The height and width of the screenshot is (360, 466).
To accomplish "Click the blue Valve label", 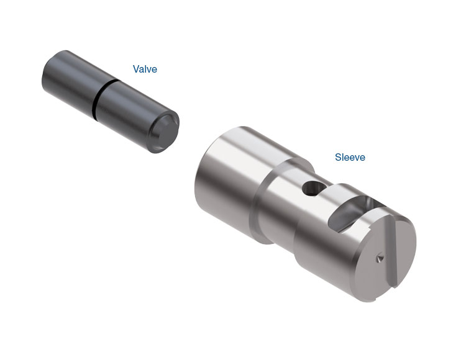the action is tap(145, 69).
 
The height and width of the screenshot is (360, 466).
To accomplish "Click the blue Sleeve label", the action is tap(350, 157).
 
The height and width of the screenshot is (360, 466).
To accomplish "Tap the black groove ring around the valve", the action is tap(103, 97).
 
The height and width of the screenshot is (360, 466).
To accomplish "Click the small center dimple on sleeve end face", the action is tap(380, 259).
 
